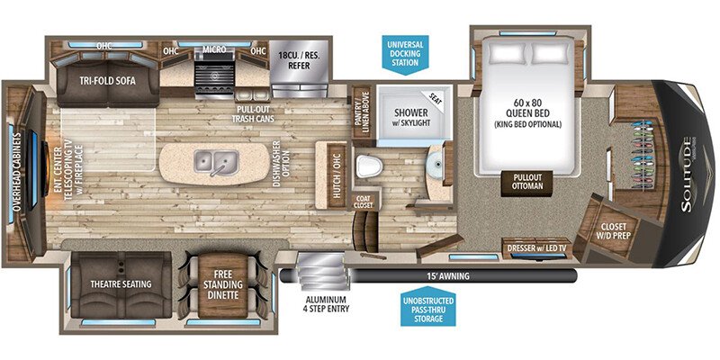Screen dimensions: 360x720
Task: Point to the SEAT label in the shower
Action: click(x=437, y=97)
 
